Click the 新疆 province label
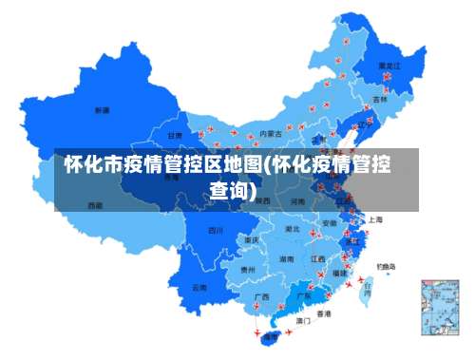[x=102, y=111]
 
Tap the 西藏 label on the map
[x=95, y=204]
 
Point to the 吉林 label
[x=380, y=99]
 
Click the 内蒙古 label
[x=271, y=134]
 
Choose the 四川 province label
[x=216, y=230]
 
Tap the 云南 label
[x=199, y=286]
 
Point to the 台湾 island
[x=365, y=285]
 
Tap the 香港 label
[x=324, y=313]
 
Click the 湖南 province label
[x=285, y=258]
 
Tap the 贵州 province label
[x=248, y=270]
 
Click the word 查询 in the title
[x=232, y=191]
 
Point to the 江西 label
[x=318, y=257]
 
